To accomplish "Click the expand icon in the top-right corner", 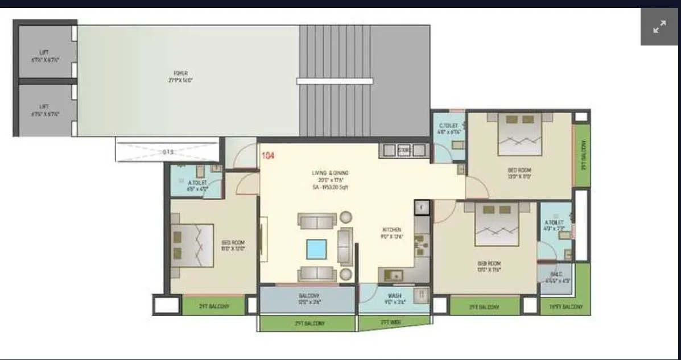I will pos(659,27).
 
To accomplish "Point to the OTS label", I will pos(168,152).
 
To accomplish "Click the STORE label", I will pos(405,150).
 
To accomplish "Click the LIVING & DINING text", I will pos(330,173).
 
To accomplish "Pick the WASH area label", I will pos(394,296).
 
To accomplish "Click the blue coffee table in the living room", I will pos(316,249).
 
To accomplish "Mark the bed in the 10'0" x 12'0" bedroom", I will pos(192,246).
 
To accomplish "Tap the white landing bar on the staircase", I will pos(335,81).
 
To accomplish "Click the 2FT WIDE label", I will pos(392,322).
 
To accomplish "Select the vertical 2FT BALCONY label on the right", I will pos(583,155).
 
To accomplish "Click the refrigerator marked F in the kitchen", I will pos(421,208).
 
